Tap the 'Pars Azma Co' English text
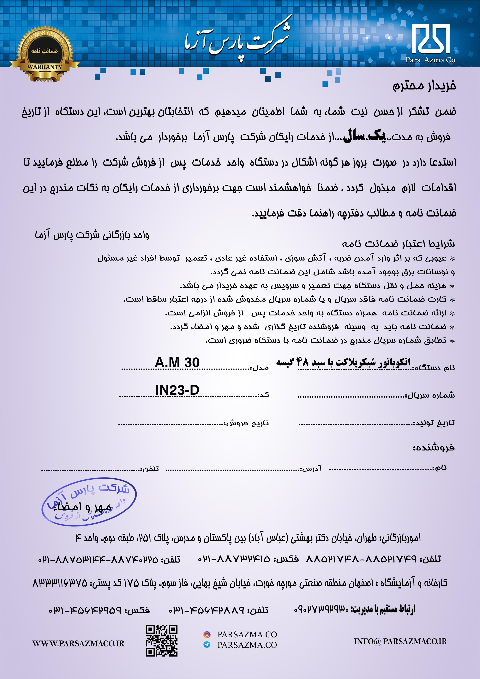click(x=430, y=60)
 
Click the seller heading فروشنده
click(x=433, y=448)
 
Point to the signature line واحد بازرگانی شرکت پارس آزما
click(x=92, y=235)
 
